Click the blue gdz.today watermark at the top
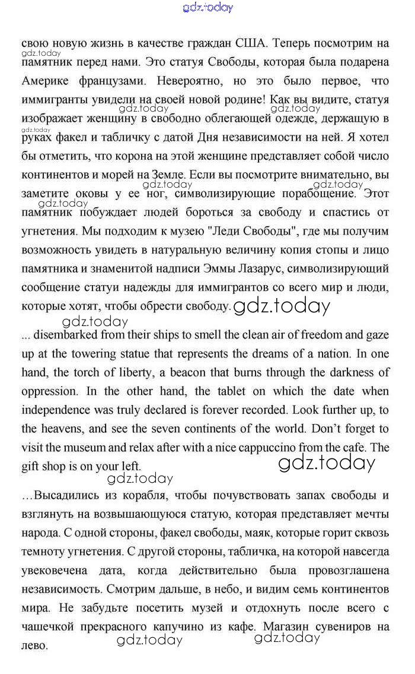pyautogui.click(x=208, y=7)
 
